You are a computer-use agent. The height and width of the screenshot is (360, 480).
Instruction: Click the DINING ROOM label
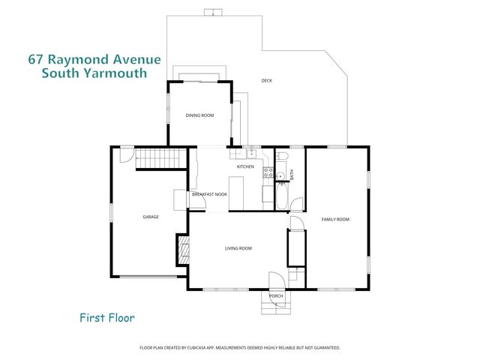click(200, 115)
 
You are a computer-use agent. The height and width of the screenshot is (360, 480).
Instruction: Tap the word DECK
click(266, 81)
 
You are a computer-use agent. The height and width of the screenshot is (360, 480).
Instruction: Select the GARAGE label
click(151, 217)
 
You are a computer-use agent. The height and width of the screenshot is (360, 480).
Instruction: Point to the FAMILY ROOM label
click(335, 219)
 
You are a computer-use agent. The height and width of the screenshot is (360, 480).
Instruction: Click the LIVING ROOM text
click(238, 248)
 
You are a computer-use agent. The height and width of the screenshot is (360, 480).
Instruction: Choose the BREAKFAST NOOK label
click(209, 194)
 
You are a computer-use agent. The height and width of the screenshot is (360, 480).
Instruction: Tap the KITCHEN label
click(246, 166)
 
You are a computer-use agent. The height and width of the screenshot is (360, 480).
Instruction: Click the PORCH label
click(275, 295)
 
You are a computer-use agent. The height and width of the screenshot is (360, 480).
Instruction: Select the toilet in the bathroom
click(282, 157)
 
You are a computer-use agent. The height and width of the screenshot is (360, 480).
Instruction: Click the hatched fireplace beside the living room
click(182, 249)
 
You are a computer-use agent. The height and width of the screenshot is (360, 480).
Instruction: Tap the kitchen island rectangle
click(238, 190)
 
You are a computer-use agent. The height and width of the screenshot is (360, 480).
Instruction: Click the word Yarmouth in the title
click(115, 73)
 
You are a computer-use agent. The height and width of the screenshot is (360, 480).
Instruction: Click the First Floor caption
click(107, 317)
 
